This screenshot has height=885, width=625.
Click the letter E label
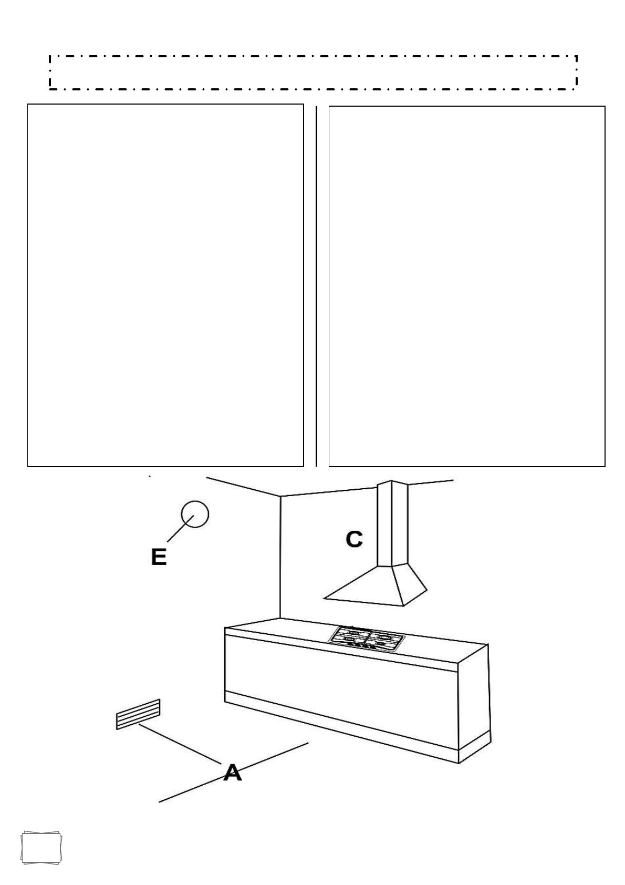(x=159, y=557)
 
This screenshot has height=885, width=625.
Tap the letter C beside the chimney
(x=354, y=539)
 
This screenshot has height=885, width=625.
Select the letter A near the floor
(x=233, y=773)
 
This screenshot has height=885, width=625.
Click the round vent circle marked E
(x=195, y=514)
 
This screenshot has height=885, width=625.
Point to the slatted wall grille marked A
(x=138, y=714)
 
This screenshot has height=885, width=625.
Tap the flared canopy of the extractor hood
(x=378, y=585)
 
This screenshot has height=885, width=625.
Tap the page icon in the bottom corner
(x=41, y=848)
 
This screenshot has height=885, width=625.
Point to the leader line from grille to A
(x=179, y=743)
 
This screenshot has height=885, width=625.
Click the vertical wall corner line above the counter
(x=280, y=557)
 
